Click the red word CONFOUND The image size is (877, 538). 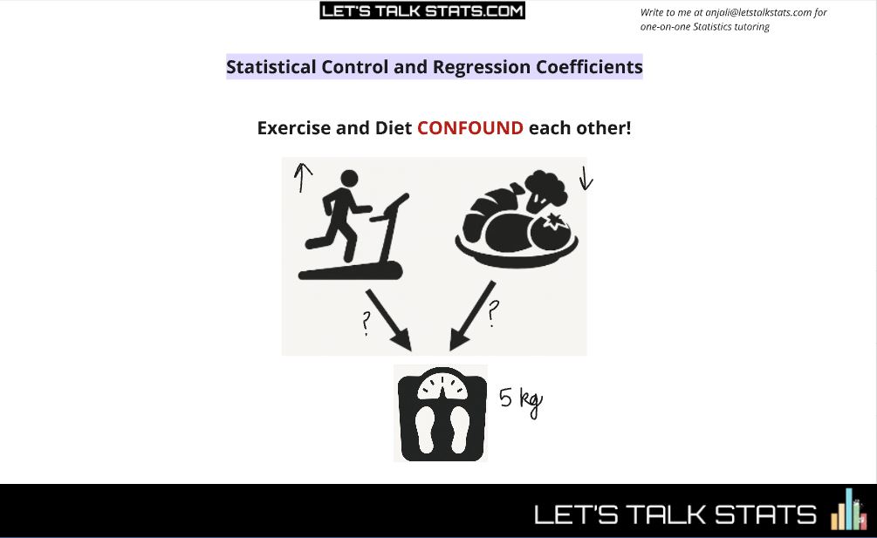pos(470,128)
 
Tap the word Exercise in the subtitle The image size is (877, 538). pos(293,128)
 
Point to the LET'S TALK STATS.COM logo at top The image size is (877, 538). pos(422,10)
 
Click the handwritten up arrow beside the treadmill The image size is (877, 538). pos(302,178)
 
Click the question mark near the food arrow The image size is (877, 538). pos(494,313)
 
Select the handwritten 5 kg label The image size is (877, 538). pos(521,400)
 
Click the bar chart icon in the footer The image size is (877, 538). pos(846,510)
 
